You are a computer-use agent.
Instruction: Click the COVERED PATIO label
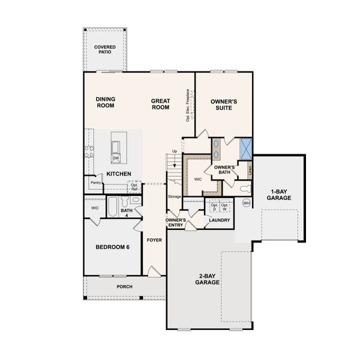pos(106,49)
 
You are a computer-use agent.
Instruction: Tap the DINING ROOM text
pos(105,102)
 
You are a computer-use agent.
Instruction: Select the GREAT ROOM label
pos(160,104)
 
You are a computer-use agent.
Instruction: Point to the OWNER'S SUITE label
pos(224,105)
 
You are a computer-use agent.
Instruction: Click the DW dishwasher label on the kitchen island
pos(115,158)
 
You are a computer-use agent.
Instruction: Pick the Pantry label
pos(95,182)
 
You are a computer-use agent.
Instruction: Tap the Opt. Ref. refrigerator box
pos(133,186)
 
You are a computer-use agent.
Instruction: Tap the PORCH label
pos(124,286)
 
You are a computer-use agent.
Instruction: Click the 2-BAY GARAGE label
pos(206,279)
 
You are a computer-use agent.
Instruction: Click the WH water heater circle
pos(246,203)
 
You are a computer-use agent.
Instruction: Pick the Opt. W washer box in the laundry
pos(225,206)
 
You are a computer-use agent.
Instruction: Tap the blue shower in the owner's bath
pos(246,147)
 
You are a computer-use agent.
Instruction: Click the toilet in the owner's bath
pos(244,188)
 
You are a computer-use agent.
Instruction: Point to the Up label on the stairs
pos(175,151)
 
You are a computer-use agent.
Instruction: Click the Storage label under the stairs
pos(174,197)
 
